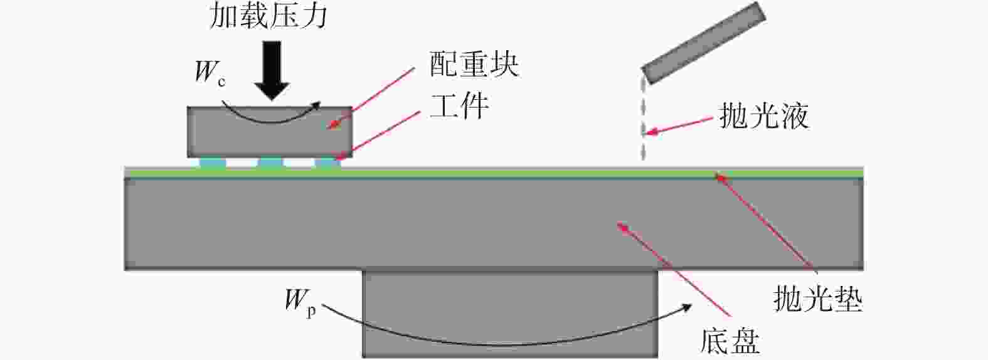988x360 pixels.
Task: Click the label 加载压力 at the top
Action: point(268,17)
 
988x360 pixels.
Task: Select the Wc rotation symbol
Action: point(210,73)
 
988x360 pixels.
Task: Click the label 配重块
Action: point(474,65)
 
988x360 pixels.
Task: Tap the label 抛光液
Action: point(765,117)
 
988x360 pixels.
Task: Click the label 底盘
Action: point(730,341)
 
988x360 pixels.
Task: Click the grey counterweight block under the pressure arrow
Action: point(270,132)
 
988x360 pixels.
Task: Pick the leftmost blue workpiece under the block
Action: point(213,163)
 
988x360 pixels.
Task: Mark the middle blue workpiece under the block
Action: point(270,163)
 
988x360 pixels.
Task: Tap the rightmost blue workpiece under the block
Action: point(327,163)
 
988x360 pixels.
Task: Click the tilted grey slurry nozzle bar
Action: point(703,43)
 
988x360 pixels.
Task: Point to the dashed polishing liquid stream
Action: point(644,120)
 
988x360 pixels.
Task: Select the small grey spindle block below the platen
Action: point(511,314)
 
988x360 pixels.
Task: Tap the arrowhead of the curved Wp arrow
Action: point(685,307)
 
